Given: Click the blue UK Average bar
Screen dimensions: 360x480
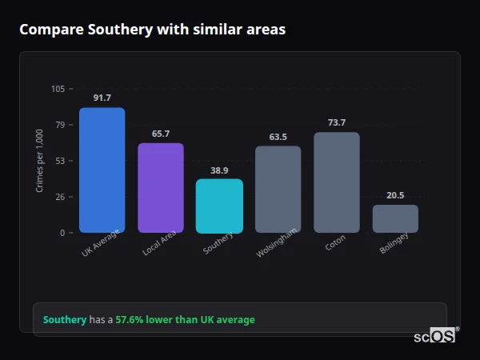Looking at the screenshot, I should [x=102, y=170].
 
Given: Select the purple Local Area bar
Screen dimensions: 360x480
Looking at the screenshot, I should [x=161, y=188].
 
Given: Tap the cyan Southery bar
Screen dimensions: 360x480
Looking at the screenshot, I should [x=219, y=206].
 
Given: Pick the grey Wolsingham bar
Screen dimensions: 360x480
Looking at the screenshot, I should [x=278, y=190].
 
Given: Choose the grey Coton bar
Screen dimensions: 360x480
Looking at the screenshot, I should [x=337, y=182].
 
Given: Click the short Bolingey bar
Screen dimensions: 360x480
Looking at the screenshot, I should [x=395, y=219].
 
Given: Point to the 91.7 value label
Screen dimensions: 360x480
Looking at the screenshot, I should [x=102, y=98].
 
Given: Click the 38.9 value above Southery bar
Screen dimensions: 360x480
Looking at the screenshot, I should [x=219, y=170].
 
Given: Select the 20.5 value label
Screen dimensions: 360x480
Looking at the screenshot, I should [x=395, y=195].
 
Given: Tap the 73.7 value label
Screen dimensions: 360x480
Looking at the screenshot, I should [x=337, y=122].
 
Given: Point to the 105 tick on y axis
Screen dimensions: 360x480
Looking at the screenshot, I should [x=58, y=89].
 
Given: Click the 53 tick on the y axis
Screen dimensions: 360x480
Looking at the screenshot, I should [x=61, y=161].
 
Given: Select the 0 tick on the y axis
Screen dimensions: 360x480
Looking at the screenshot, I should [x=62, y=233].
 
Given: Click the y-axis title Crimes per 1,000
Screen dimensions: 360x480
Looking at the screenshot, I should [x=39, y=160].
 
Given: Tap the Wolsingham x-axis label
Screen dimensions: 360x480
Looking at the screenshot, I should [x=277, y=242].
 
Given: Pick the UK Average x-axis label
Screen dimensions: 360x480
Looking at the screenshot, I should [x=101, y=243].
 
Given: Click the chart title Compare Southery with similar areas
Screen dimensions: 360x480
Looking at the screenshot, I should [x=152, y=30].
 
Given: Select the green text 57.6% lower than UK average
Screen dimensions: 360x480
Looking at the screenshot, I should [x=185, y=320].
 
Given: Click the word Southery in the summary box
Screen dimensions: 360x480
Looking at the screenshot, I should [x=64, y=320].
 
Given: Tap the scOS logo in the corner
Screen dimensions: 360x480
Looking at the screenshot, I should [x=434, y=336].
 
